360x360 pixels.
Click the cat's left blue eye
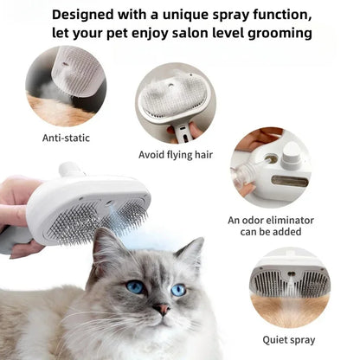click(136, 287)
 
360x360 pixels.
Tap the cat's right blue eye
click(177, 290)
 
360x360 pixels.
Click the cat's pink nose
click(162, 309)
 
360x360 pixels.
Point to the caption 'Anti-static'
click(65, 137)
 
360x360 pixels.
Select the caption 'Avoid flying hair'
click(175, 155)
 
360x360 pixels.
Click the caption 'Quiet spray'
click(289, 339)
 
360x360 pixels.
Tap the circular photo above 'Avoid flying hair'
click(175, 102)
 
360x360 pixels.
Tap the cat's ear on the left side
click(105, 245)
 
